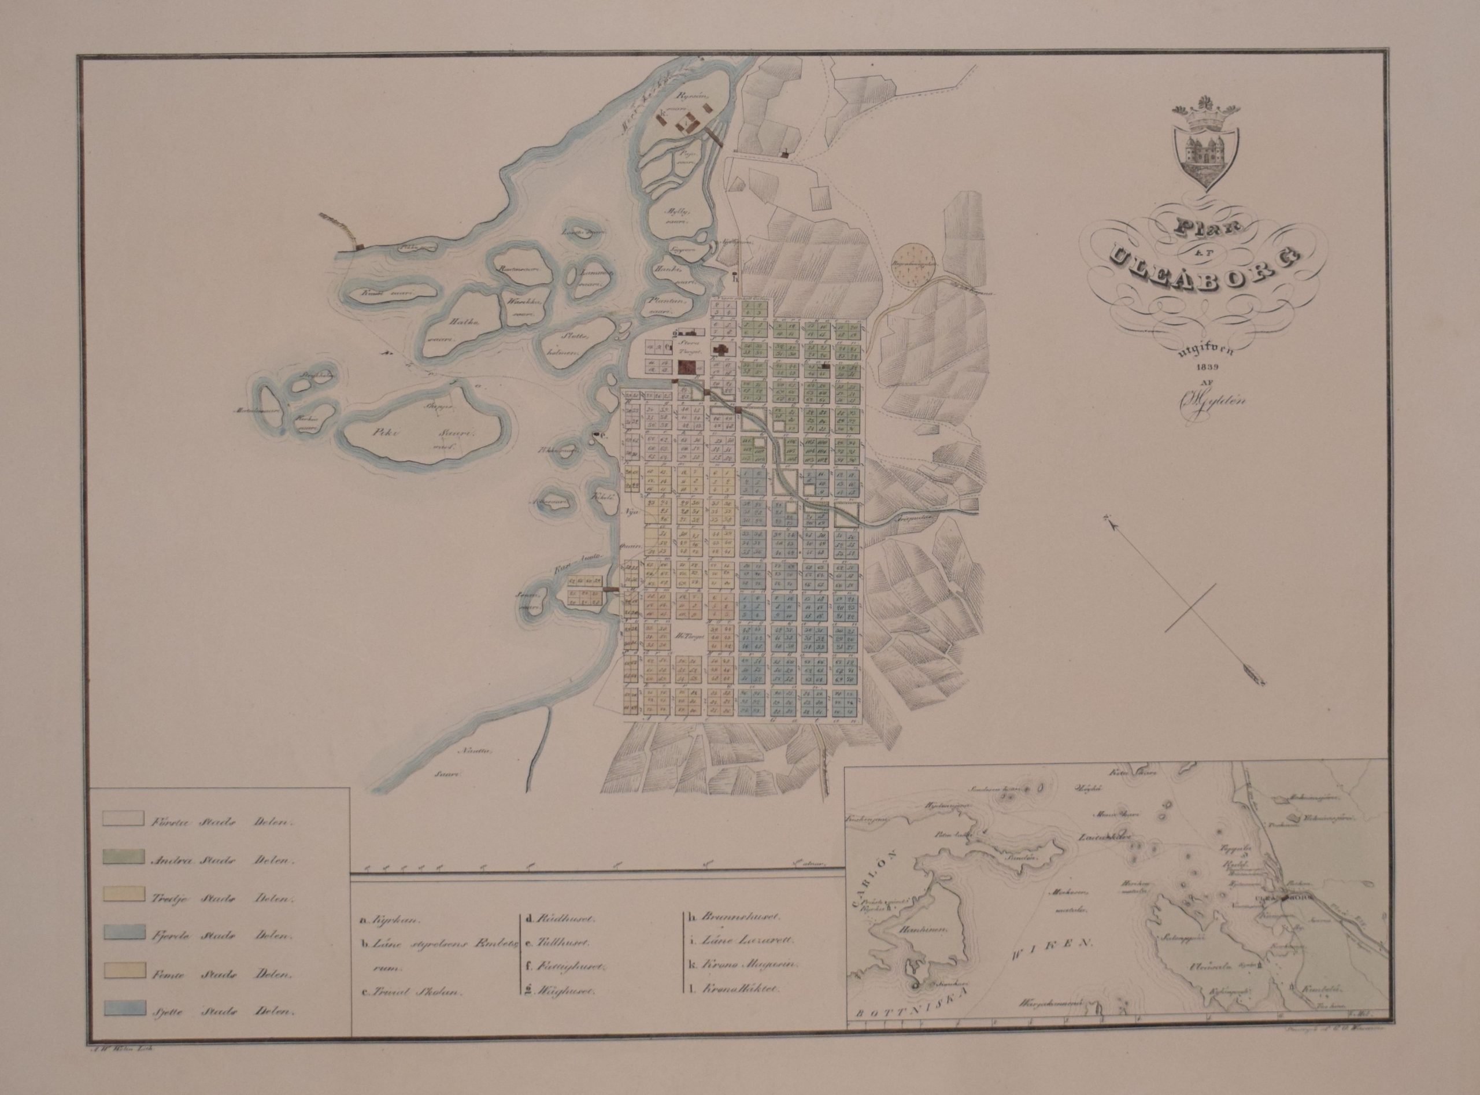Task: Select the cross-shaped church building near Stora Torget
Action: click(x=719, y=350)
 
